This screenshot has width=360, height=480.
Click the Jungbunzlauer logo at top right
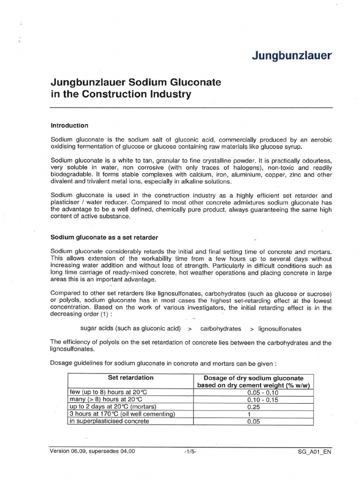tap(292, 56)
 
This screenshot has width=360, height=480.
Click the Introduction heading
tap(69, 126)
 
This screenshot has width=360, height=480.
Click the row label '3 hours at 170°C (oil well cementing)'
tap(122, 414)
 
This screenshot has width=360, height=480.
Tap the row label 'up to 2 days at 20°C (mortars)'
tap(112, 406)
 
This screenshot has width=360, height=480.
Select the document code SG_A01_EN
tap(314, 452)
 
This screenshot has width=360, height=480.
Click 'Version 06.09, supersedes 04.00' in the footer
tap(92, 451)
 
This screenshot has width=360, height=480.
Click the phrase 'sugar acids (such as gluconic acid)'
tap(130, 329)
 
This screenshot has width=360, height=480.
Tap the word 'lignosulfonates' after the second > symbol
tap(280, 329)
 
